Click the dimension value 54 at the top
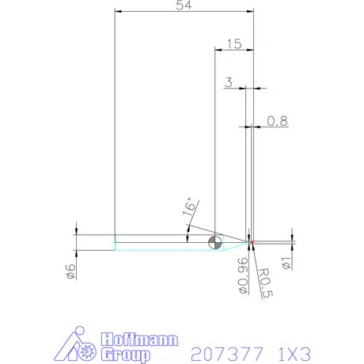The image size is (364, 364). (x=184, y=6)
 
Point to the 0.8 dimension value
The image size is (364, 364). (x=278, y=121)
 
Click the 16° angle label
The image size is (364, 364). (x=188, y=207)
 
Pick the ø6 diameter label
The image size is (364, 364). (x=70, y=271)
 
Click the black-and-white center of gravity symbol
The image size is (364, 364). (x=214, y=242)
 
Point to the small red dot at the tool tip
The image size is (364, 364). (x=252, y=242)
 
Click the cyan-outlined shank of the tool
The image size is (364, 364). (x=158, y=242)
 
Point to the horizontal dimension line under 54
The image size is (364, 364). (x=184, y=12)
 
